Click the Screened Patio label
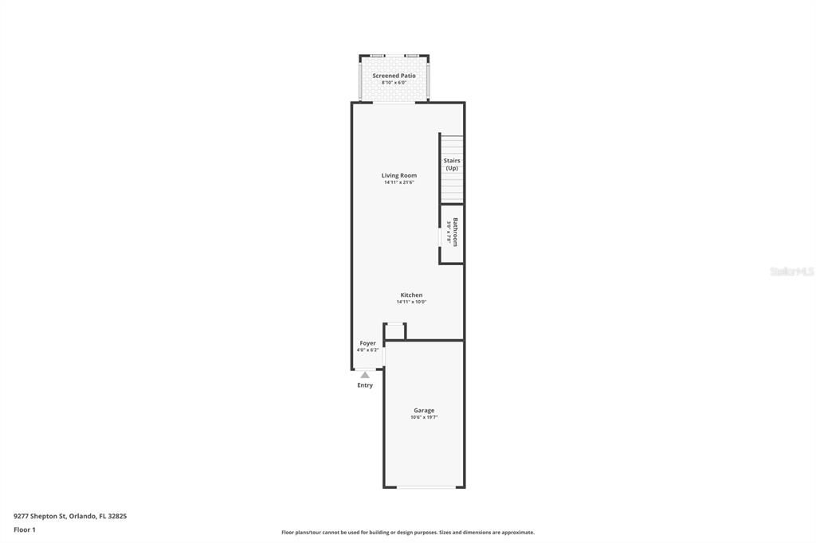pos(394,76)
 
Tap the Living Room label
pos(398,175)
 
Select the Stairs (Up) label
pos(452,164)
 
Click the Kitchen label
pos(411,295)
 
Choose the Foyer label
pos(367,343)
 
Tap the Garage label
pos(424,410)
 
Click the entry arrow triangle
pos(365,375)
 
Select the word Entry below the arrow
pos(365,385)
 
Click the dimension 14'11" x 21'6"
pos(398,182)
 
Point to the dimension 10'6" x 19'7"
pos(424,417)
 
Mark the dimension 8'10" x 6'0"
pos(394,83)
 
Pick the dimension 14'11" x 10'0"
pos(411,302)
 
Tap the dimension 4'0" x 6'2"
pos(367,350)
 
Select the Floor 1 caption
pos(25,529)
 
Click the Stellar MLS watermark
pos(791,271)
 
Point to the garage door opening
pos(426,486)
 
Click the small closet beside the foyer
pos(395,331)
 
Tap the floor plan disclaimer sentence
pos(407,533)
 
